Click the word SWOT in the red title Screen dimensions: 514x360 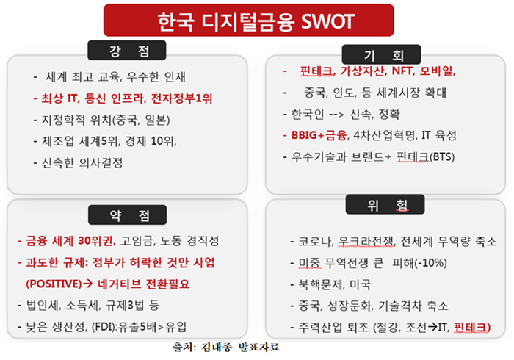pos(327,21)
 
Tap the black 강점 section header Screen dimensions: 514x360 pos(127,51)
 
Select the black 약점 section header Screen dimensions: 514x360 pos(127,215)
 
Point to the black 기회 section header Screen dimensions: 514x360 pos(381,55)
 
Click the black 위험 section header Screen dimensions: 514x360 pos(385,204)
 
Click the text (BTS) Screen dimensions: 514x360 pos(441,157)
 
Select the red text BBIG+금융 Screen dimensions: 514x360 pos(319,135)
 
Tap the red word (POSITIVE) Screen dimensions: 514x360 pos(54,284)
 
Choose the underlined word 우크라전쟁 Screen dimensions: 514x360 pos(366,242)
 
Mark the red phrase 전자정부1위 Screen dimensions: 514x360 pos(181,98)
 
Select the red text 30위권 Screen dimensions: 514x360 pos(95,241)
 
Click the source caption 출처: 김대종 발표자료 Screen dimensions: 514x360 pos(226,348)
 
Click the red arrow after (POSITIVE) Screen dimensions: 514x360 pos(88,284)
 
